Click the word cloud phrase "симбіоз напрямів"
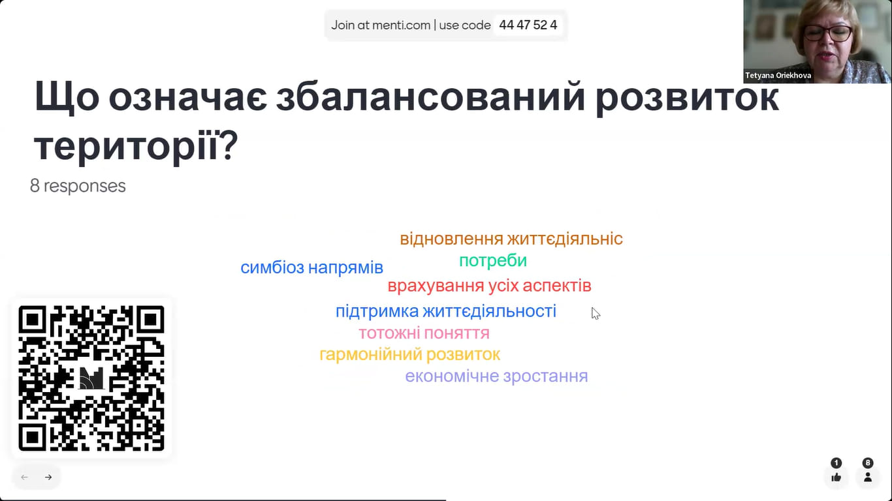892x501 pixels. coord(311,267)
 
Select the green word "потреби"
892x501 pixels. coord(493,261)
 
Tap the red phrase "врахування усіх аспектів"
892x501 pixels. coord(489,286)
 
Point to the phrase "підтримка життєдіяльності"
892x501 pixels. coord(446,311)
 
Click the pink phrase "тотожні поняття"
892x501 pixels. coord(424,333)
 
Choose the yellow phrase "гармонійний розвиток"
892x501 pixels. coord(410,354)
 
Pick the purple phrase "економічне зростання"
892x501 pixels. coord(496,376)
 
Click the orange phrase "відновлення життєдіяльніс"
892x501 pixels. coord(511,239)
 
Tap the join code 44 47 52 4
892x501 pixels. coord(528,25)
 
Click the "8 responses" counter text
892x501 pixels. coord(78,186)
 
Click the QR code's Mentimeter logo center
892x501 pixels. coord(91,378)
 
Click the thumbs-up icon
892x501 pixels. coord(836,477)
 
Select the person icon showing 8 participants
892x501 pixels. coord(868,477)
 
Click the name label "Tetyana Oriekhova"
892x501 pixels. coord(778,75)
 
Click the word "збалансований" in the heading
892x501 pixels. coord(431,97)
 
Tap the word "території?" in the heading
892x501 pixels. coord(136,145)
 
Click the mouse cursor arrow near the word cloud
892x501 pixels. coord(596,314)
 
